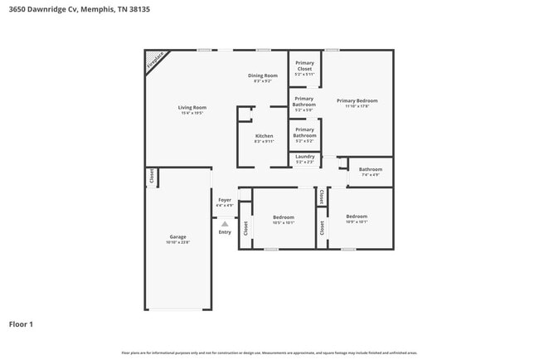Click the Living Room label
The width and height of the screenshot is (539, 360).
(192, 107)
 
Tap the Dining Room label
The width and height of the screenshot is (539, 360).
(262, 75)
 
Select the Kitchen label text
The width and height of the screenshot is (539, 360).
(264, 136)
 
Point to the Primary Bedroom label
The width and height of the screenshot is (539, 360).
(357, 100)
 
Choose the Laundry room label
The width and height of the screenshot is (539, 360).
(304, 156)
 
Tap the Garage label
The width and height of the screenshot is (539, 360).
(178, 236)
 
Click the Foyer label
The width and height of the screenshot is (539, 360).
(225, 200)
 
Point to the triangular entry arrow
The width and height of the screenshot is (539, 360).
(225, 222)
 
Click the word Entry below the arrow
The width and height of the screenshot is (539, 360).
(225, 231)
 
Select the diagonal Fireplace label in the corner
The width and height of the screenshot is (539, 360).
(154, 61)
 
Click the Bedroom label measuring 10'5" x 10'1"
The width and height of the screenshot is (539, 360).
(284, 217)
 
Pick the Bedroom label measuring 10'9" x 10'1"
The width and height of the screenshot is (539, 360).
(357, 216)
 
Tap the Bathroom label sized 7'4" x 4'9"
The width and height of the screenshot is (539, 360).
(370, 169)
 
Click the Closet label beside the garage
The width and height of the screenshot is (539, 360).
(152, 177)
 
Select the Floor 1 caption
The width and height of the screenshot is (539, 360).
(21, 324)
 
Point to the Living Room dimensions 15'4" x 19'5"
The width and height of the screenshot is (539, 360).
(192, 113)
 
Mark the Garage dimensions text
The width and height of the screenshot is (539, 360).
(178, 242)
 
